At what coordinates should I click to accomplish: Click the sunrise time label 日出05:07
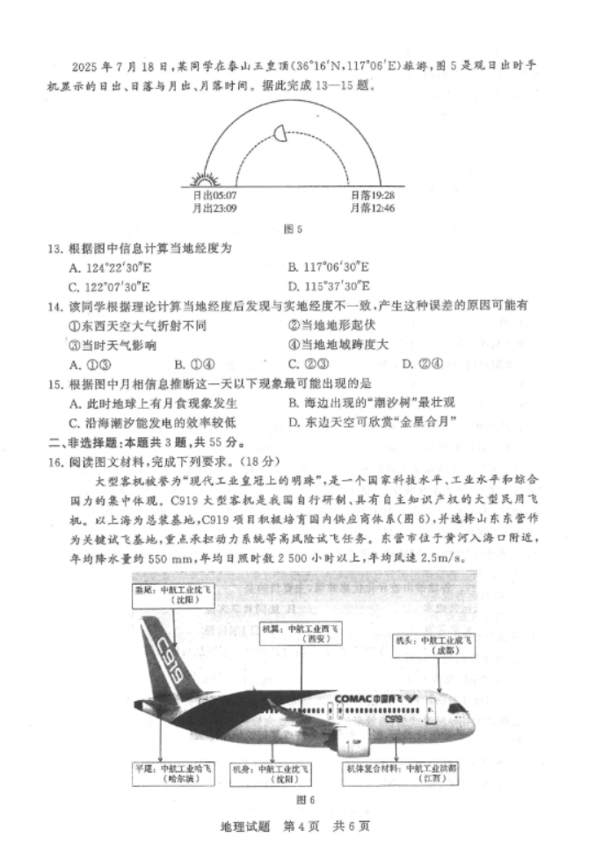[x=214, y=196]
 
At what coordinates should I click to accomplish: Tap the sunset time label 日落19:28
[x=372, y=196]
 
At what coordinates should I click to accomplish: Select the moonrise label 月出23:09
[x=214, y=208]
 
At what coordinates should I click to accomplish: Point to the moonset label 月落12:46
[x=372, y=208]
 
